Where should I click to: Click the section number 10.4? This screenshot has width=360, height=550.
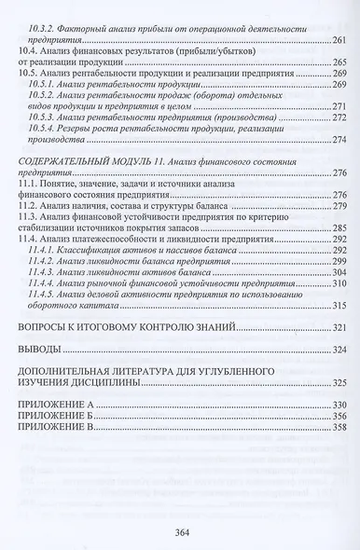(x=29, y=56)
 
